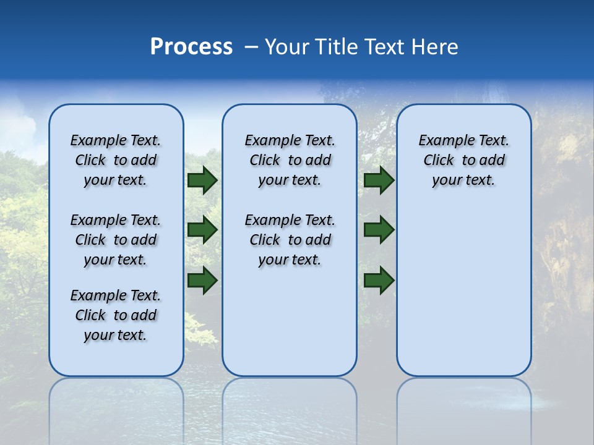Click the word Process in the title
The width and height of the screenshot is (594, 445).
click(x=191, y=47)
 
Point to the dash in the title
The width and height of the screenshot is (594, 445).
click(x=251, y=48)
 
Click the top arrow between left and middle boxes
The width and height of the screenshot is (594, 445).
click(x=202, y=180)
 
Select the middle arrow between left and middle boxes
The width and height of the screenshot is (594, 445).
click(x=202, y=231)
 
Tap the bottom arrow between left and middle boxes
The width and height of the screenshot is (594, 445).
click(x=202, y=281)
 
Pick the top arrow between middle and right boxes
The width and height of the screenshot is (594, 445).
click(x=379, y=180)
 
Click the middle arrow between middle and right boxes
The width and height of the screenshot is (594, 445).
click(x=379, y=231)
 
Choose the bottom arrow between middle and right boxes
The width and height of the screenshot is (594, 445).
click(x=379, y=281)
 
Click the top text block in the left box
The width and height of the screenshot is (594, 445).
click(x=116, y=160)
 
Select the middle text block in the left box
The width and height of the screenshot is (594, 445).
click(x=116, y=240)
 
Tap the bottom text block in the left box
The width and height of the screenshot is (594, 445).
click(x=116, y=315)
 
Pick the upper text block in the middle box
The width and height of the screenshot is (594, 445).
click(x=290, y=160)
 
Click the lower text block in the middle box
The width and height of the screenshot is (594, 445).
click(x=290, y=240)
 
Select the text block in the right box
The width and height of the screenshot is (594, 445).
click(x=463, y=160)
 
